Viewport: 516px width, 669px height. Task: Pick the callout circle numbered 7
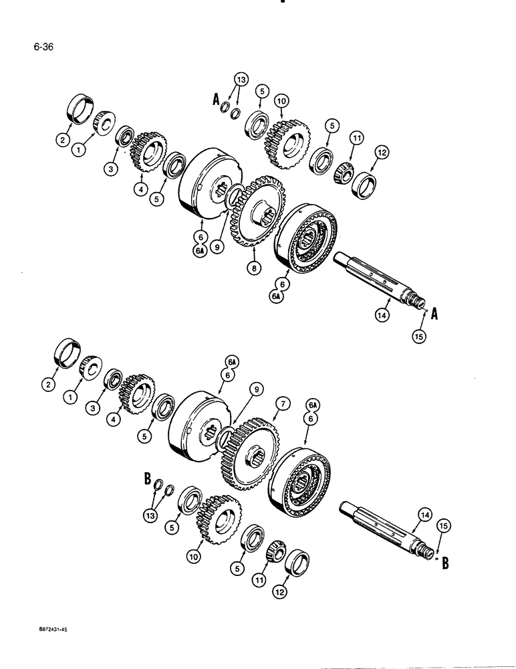tap(283, 403)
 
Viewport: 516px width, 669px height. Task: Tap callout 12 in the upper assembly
tap(381, 153)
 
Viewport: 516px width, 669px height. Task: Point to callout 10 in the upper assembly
tap(281, 100)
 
